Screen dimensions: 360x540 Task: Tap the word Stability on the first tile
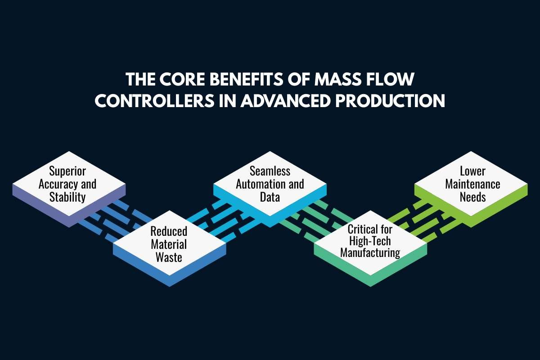click(67, 197)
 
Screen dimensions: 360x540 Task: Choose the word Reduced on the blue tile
click(168, 231)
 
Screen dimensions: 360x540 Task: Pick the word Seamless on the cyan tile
click(270, 171)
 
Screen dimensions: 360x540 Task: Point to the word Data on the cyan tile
click(270, 197)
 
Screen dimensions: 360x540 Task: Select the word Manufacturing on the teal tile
click(370, 252)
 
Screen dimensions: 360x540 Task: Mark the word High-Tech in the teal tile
click(370, 241)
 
